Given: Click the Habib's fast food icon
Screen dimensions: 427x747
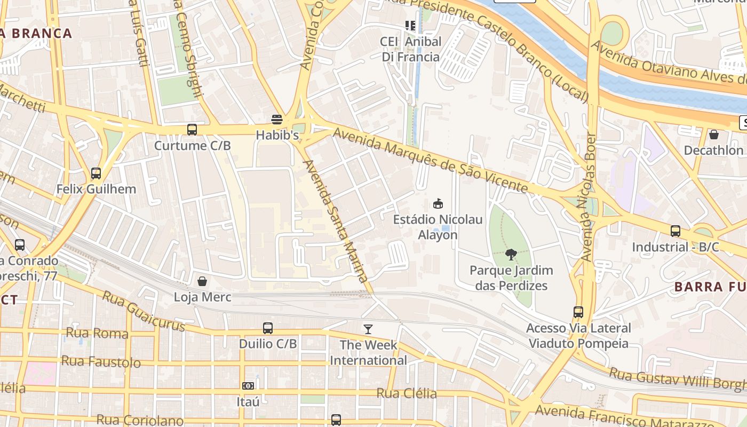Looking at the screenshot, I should [276, 119].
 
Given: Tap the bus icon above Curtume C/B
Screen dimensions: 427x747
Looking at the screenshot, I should [192, 130].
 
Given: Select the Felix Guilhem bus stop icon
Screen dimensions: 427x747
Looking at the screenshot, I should [96, 173].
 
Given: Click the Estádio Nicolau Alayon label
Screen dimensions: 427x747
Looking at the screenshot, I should [438, 227].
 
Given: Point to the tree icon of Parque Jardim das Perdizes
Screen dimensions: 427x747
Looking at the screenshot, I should [511, 255].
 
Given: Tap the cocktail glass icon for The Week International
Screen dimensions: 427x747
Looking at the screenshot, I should [368, 329].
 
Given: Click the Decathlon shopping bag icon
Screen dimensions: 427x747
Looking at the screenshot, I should [713, 135].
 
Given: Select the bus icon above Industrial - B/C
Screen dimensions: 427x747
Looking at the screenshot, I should [676, 231].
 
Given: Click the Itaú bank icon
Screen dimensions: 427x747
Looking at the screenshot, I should [248, 385].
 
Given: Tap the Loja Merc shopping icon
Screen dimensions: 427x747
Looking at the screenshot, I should [202, 281].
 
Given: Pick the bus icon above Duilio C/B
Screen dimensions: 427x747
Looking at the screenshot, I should [268, 328].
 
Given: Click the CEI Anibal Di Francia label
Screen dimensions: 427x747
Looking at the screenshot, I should [410, 49].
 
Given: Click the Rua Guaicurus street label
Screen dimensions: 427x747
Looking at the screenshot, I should [143, 311].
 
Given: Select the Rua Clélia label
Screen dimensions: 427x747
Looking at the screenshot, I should [407, 394].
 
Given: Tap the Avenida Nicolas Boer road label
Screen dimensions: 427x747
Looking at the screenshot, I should [589, 196].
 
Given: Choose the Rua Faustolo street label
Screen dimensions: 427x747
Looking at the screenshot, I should [101, 361].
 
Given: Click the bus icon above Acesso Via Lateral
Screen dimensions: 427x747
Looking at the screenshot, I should [578, 312].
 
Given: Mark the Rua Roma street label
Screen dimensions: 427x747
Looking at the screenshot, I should [97, 334].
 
